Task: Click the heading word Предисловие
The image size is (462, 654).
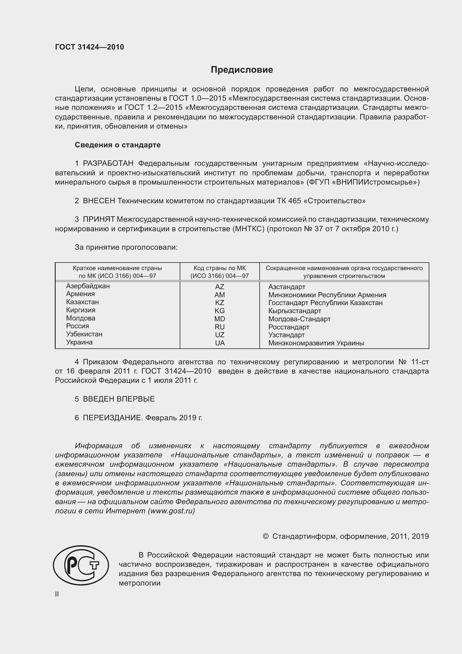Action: coord(242,70)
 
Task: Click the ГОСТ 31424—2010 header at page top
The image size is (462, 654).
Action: coord(89,47)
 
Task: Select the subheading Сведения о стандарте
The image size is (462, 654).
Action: coord(118,145)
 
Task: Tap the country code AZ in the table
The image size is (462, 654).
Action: coord(219,287)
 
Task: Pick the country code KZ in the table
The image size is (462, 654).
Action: coord(219,303)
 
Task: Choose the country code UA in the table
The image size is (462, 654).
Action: coord(220,343)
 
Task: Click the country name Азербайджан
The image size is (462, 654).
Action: coord(88,286)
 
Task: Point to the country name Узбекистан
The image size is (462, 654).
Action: coord(84,334)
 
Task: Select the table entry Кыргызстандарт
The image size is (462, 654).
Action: coord(295,311)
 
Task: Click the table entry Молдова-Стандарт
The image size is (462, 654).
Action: coord(299,319)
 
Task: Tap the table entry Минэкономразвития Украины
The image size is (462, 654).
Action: coord(316,343)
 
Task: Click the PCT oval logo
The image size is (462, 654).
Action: coord(81,565)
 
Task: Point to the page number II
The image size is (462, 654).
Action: coord(57,594)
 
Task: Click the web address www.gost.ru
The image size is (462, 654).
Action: coord(171,511)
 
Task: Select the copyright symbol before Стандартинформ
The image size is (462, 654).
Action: coord(266,537)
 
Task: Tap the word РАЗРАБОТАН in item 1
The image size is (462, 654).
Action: coord(108,164)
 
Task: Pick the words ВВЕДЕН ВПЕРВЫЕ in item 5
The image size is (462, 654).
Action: coord(119,399)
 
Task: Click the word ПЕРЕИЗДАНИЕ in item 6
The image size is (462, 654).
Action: coord(112,418)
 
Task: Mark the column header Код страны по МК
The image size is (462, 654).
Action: coord(219,268)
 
